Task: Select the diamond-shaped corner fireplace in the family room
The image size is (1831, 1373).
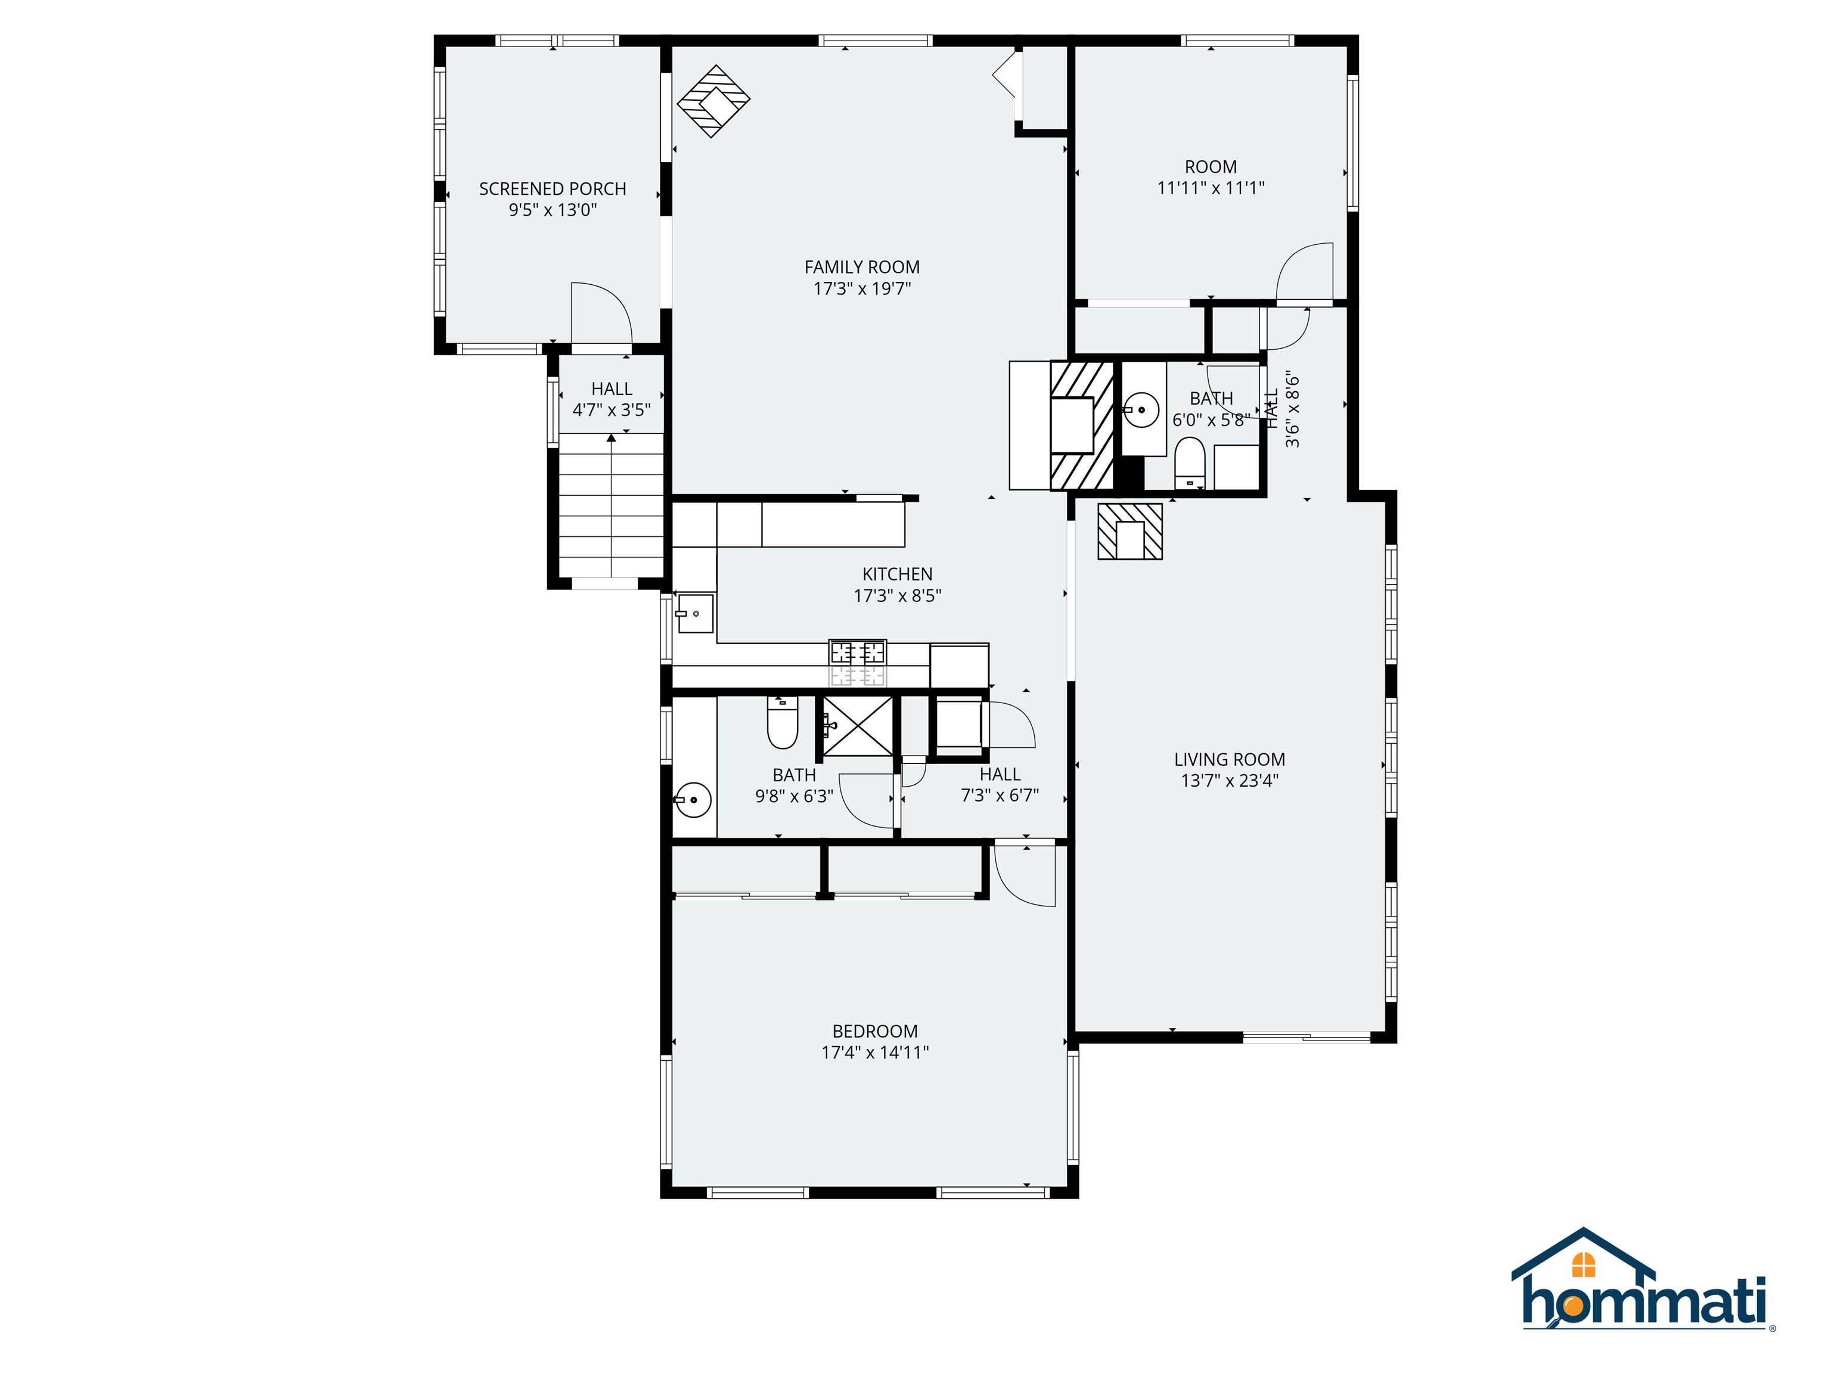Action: pyautogui.click(x=713, y=101)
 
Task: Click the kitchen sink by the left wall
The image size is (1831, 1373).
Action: pyautogui.click(x=694, y=613)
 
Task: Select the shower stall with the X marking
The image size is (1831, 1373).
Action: pyautogui.click(x=858, y=726)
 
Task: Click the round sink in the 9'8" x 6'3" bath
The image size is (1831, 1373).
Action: pyautogui.click(x=693, y=800)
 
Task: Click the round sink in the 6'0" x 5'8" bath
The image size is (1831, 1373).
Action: pyautogui.click(x=1143, y=409)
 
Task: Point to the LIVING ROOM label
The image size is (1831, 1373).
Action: pyautogui.click(x=1229, y=759)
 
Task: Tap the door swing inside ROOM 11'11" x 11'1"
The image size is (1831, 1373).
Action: pyautogui.click(x=1305, y=272)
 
